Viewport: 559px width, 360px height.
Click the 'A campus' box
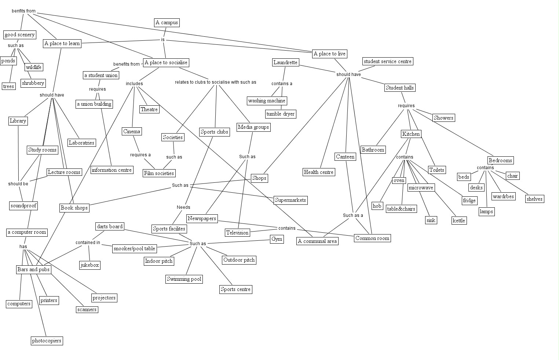tap(167, 23)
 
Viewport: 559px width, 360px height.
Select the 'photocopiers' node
tap(47, 341)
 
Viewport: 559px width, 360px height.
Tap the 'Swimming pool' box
tap(184, 279)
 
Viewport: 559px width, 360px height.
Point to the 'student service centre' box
tap(388, 61)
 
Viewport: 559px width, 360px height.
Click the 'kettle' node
tap(459, 221)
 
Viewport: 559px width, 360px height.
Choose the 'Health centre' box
tap(318, 172)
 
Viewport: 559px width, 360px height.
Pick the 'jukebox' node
tap(89, 265)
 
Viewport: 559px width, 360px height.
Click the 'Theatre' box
tap(149, 109)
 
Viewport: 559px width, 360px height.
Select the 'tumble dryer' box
tap(280, 114)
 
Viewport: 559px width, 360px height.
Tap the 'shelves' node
tap(534, 199)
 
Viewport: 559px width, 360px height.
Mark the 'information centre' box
tap(112, 170)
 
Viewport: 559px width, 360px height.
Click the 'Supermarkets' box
tap(290, 200)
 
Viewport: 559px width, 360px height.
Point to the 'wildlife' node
tap(34, 67)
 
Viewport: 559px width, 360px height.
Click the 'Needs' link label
tap(183, 207)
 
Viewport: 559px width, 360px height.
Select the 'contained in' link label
tap(88, 243)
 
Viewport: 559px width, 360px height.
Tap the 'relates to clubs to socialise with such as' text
tap(215, 82)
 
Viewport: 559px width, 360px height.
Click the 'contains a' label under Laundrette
tap(282, 84)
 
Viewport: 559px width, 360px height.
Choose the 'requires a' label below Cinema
tap(140, 155)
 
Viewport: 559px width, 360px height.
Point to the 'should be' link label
tap(18, 184)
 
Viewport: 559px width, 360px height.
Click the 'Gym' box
tap(277, 239)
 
